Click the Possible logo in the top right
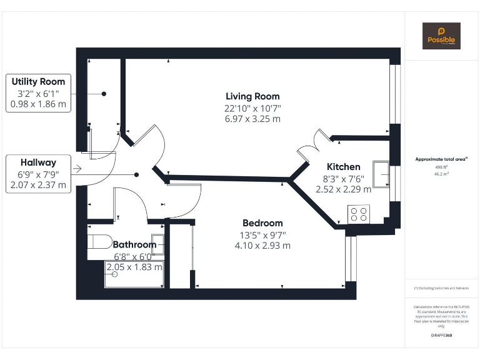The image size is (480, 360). [441, 36]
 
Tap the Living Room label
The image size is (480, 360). [252, 96]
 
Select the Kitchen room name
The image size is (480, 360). [344, 167]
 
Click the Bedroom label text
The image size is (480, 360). [262, 223]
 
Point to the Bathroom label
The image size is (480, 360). [134, 244]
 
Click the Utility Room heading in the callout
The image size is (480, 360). [38, 82]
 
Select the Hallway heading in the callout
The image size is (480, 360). [38, 162]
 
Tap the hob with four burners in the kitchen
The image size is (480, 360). [359, 214]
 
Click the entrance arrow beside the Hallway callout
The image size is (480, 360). [77, 169]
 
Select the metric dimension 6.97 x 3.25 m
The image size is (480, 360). [252, 119]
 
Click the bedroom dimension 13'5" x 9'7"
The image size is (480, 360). [262, 235]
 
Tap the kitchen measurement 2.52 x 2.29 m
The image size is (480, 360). [343, 189]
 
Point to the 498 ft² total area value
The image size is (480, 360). [441, 167]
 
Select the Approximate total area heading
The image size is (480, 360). [441, 159]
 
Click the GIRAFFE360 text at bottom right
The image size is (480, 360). [441, 336]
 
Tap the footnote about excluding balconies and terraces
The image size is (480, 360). [441, 287]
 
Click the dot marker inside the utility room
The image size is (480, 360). [104, 94]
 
